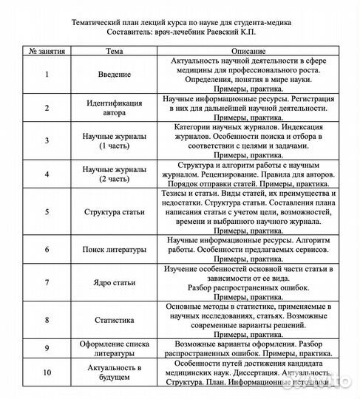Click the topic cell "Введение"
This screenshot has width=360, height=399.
point(115,75)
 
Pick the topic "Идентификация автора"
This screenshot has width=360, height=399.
point(115,107)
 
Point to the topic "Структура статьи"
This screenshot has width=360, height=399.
point(115,212)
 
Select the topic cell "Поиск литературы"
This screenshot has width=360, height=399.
point(115,250)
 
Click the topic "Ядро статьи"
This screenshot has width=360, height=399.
point(115,282)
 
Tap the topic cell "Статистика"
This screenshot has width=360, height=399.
point(115,320)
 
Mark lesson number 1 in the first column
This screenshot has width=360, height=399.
point(47,75)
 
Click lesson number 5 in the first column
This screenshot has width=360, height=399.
point(47,212)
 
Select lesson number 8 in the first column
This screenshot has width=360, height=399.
point(47,320)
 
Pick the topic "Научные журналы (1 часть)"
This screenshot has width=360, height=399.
point(115,141)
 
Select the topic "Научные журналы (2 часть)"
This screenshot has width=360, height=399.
point(115,174)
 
